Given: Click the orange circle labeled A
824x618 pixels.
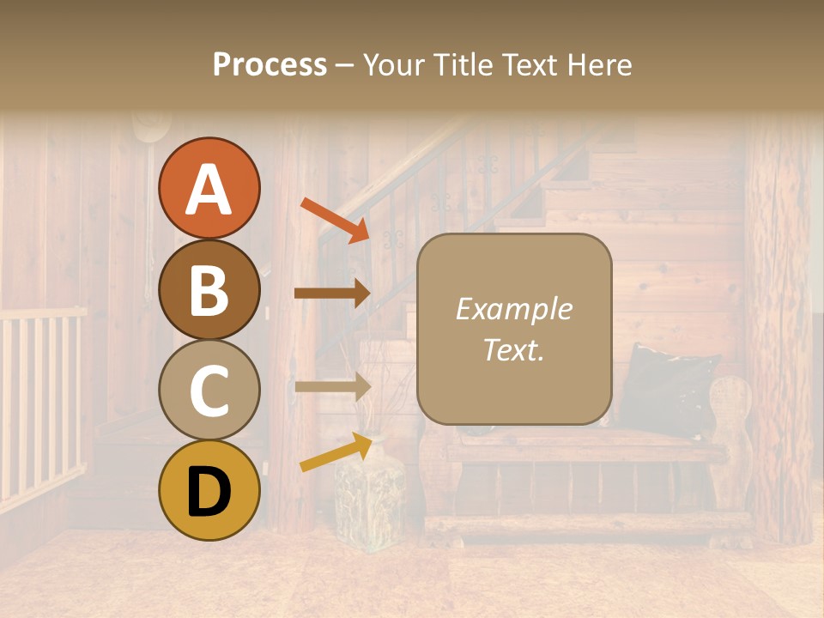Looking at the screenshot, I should pyautogui.click(x=209, y=188).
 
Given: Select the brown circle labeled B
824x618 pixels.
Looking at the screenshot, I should pyautogui.click(x=209, y=289).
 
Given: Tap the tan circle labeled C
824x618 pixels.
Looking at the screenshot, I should pyautogui.click(x=209, y=391).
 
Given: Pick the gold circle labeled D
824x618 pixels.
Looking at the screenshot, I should pyautogui.click(x=209, y=491).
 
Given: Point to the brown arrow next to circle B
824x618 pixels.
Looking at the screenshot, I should pyautogui.click(x=332, y=293).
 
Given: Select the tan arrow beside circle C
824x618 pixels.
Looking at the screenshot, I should pyautogui.click(x=332, y=386).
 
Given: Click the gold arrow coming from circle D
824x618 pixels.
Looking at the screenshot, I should pyautogui.click(x=336, y=452).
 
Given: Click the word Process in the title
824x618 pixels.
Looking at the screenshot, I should pyautogui.click(x=270, y=64).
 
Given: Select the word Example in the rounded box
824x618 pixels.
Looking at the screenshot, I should pyautogui.click(x=513, y=309).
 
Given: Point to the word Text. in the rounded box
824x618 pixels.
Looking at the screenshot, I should pyautogui.click(x=513, y=350).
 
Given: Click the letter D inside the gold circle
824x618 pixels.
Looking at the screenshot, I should pyautogui.click(x=209, y=492).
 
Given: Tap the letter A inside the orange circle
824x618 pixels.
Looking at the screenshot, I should pyautogui.click(x=209, y=190).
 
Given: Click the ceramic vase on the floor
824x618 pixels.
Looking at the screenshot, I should pyautogui.click(x=369, y=498).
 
